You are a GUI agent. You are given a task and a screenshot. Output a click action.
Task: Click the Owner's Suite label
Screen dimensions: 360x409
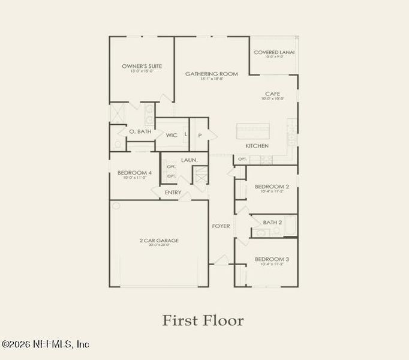(x=142, y=66)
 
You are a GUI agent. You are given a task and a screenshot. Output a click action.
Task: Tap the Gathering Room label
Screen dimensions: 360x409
(x=212, y=74)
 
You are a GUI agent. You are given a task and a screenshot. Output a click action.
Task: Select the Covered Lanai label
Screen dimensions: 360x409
(x=274, y=52)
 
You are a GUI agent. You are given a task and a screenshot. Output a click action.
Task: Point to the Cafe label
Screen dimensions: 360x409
(x=273, y=94)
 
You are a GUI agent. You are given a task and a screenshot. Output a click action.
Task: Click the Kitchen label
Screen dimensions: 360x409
(x=257, y=146)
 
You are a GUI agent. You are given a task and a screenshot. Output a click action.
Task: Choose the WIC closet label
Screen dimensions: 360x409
(x=172, y=135)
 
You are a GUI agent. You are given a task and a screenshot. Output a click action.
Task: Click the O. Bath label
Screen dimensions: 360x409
(x=140, y=131)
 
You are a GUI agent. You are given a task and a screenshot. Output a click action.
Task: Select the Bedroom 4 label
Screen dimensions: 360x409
(x=134, y=173)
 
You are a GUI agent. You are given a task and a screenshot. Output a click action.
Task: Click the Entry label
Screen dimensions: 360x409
(x=173, y=192)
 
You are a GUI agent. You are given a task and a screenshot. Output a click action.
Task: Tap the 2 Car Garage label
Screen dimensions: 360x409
(x=159, y=241)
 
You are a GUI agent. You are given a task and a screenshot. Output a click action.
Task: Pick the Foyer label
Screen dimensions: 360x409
(x=221, y=226)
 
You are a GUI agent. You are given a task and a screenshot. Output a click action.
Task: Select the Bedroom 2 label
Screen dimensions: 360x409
(x=272, y=187)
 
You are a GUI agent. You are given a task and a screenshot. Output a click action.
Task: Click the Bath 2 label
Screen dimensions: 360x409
(x=272, y=222)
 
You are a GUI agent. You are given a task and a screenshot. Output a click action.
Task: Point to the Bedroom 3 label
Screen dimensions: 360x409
(x=272, y=259)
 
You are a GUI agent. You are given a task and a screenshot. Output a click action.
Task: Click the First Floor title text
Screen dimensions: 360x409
(x=203, y=320)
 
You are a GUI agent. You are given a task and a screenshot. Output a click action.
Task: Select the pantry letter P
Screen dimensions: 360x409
(x=200, y=135)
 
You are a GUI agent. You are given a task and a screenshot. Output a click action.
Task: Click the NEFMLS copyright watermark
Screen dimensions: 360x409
(x=46, y=344)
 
